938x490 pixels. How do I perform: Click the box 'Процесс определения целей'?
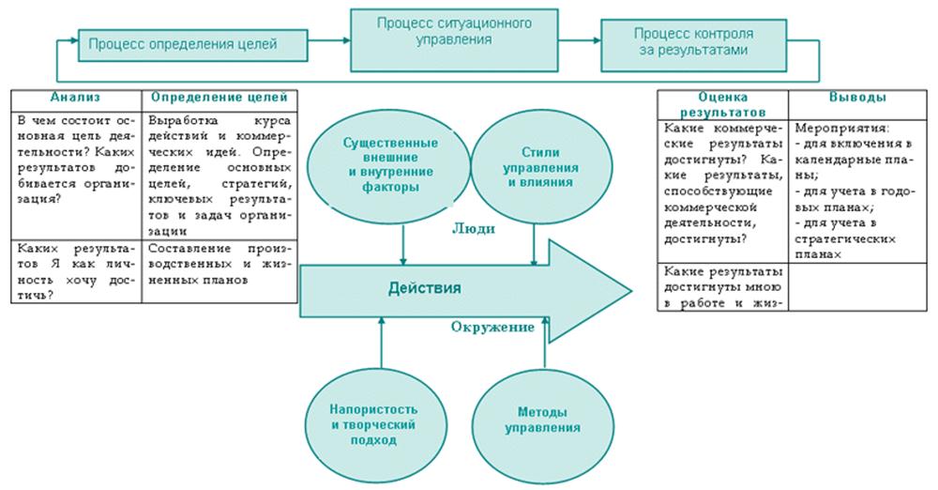tap(192, 42)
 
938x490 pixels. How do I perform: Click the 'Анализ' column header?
tap(75, 97)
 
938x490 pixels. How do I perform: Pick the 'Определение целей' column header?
tap(219, 97)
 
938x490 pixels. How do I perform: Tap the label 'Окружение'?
tap(492, 327)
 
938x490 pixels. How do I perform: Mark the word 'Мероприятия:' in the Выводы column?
tap(827, 126)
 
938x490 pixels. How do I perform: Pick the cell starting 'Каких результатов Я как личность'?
tap(75, 270)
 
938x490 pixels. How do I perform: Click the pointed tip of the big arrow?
tap(628, 289)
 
